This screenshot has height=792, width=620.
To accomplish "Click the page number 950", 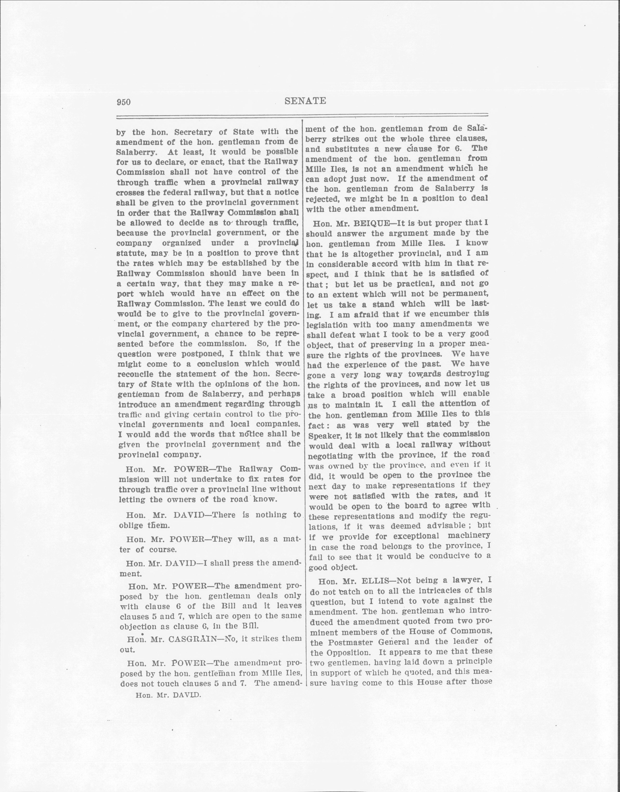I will (123, 102).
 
